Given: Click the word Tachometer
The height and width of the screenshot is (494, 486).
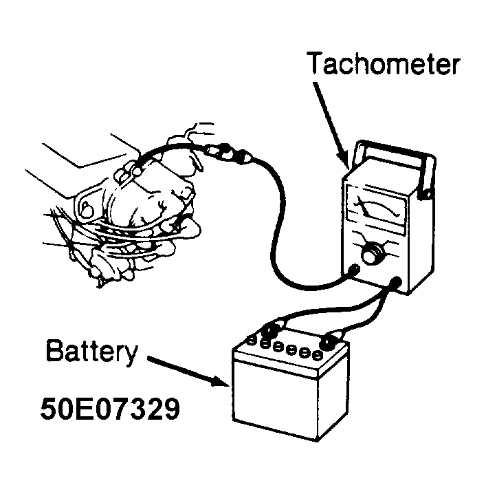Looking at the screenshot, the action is (384, 63).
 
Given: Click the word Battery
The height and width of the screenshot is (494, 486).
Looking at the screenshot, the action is (91, 352).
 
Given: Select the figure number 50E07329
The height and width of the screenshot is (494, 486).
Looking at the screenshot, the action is (110, 409).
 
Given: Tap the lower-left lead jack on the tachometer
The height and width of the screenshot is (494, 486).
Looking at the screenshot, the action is (355, 269).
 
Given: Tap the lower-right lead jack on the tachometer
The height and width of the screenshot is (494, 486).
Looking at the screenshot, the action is (396, 281).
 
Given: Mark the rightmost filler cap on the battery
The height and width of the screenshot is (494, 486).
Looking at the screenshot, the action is (318, 356).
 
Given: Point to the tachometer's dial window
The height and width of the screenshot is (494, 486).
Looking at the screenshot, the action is (376, 208).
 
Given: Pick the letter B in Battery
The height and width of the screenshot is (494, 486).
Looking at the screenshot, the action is (54, 350).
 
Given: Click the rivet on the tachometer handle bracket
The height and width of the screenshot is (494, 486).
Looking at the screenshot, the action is (428, 195).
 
